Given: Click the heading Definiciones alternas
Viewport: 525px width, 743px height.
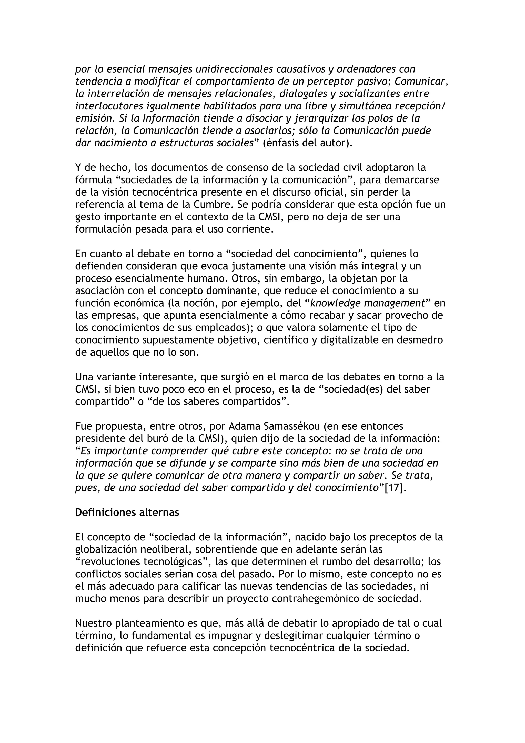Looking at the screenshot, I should (x=127, y=513).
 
